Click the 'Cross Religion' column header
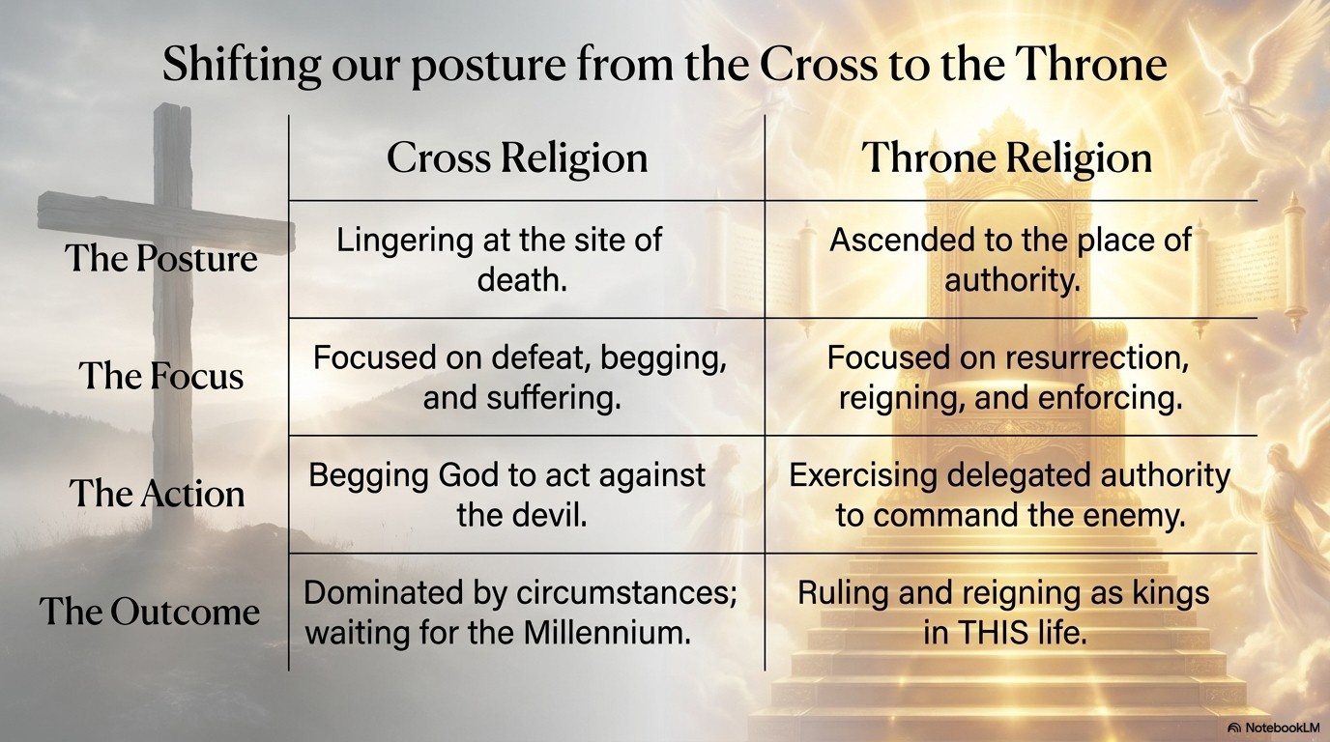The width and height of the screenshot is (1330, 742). (x=517, y=158)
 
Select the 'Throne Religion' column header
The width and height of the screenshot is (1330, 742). (x=1006, y=158)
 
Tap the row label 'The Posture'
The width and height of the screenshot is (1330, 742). (x=161, y=259)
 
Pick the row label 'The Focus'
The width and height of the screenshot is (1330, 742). (x=161, y=376)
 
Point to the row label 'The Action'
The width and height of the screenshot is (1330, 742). (x=158, y=494)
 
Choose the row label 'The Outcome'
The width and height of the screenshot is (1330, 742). (x=150, y=612)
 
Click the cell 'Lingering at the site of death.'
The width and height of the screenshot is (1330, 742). (x=499, y=259)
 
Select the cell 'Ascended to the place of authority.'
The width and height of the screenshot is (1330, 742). (x=1010, y=259)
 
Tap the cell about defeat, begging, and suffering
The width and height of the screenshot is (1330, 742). (x=520, y=377)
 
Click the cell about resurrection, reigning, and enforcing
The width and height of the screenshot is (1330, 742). (x=1009, y=377)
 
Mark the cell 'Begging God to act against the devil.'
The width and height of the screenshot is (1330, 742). (x=506, y=494)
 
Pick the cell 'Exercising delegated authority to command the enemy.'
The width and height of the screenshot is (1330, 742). (x=1009, y=494)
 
